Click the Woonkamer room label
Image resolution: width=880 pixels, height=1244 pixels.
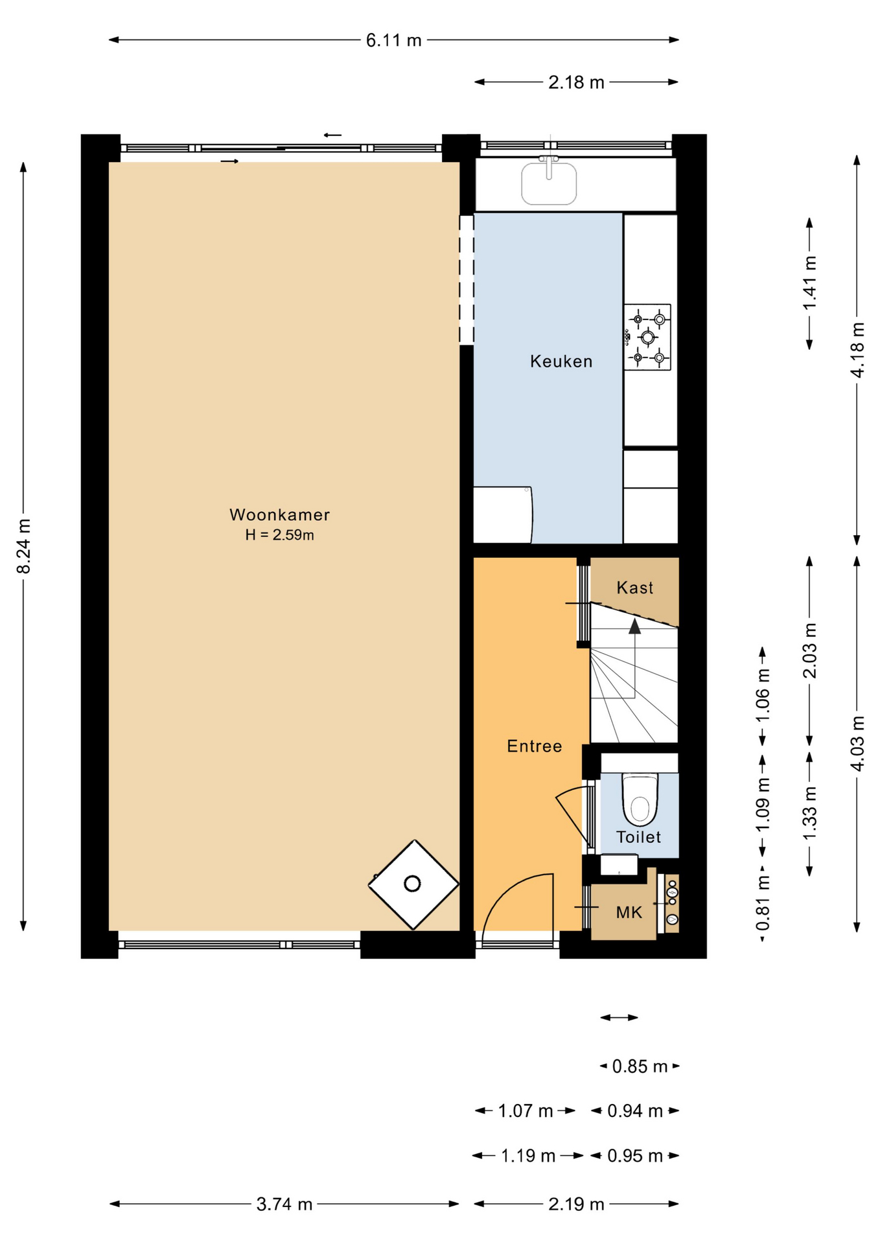pyautogui.click(x=279, y=514)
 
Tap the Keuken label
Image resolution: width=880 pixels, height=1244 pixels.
pyautogui.click(x=561, y=361)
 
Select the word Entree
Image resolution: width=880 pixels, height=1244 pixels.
pyautogui.click(x=534, y=746)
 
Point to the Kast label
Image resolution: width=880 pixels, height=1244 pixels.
pyautogui.click(x=634, y=588)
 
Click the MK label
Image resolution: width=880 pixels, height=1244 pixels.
pyautogui.click(x=629, y=912)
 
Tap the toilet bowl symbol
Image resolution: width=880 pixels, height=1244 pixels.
pyautogui.click(x=640, y=800)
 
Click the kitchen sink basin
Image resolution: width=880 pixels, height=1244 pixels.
pyautogui.click(x=549, y=183)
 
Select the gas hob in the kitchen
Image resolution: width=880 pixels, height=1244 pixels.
pyautogui.click(x=647, y=337)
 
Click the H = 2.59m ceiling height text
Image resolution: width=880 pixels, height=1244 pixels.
pyautogui.click(x=279, y=535)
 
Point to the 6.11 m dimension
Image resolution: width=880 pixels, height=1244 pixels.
pyautogui.click(x=394, y=40)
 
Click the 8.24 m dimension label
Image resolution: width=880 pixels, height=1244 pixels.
pyautogui.click(x=24, y=546)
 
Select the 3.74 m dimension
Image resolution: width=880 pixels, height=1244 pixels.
pyautogui.click(x=284, y=1204)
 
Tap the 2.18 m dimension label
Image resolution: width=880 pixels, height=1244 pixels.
pyautogui.click(x=576, y=82)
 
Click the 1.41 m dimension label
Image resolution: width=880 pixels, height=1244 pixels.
pyautogui.click(x=810, y=283)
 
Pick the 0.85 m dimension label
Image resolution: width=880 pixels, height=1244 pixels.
pyautogui.click(x=640, y=1066)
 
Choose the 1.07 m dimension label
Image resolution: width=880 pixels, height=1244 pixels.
pyautogui.click(x=526, y=1111)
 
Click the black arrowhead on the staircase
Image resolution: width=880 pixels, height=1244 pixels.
pyautogui.click(x=634, y=626)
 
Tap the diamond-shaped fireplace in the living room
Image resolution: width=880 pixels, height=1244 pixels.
pyautogui.click(x=413, y=884)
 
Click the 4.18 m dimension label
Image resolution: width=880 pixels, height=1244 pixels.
pyautogui.click(x=857, y=350)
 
